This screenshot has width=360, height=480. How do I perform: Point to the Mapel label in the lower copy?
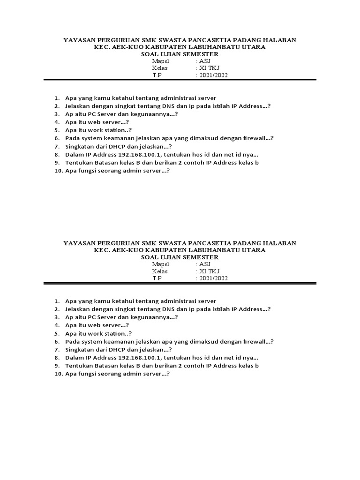point(160,264)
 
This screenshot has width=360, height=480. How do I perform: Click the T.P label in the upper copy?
point(156,75)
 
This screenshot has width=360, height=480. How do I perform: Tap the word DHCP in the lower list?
point(118,350)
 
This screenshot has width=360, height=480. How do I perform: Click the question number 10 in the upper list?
point(59,171)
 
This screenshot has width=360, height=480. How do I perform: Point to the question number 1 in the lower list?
point(56,301)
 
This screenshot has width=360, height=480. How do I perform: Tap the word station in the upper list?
point(114,130)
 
